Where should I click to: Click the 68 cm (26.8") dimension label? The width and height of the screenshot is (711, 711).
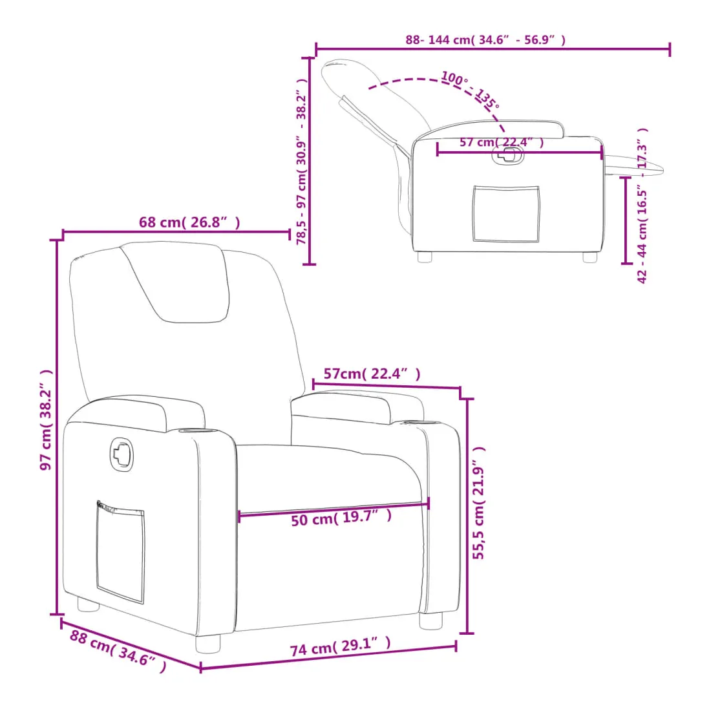tap(189, 222)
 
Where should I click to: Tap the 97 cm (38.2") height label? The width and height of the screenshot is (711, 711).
tap(46, 420)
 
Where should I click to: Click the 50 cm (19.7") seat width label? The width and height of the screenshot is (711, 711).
tap(341, 517)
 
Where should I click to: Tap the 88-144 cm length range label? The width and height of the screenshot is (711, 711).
tap(485, 40)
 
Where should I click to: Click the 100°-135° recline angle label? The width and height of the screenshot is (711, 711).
tap(470, 90)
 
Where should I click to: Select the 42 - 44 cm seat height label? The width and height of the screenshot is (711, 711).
tap(642, 206)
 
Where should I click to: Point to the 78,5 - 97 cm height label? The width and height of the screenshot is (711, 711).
tap(302, 162)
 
